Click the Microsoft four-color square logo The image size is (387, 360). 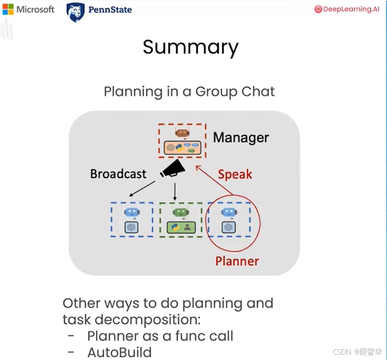(x=8, y=9)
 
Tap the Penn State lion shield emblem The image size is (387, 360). (x=76, y=13)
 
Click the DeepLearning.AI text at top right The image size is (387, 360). (x=351, y=9)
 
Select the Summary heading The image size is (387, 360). (x=191, y=48)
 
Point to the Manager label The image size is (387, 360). (x=241, y=137)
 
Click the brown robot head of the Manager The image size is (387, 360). (x=182, y=133)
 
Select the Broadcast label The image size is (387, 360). (x=118, y=173)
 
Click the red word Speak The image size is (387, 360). (x=235, y=175)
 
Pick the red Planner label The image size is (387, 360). (x=237, y=261)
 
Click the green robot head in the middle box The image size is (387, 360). (x=181, y=212)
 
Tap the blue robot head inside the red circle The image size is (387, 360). (x=229, y=212)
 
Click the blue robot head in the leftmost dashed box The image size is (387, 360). (x=132, y=212)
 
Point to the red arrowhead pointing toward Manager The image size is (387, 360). (x=198, y=167)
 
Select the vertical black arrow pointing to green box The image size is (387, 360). (x=175, y=192)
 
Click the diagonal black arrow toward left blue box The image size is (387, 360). (x=142, y=189)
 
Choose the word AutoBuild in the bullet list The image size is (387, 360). (x=120, y=352)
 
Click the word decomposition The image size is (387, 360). (x=148, y=320)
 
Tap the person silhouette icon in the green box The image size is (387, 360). (x=188, y=227)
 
